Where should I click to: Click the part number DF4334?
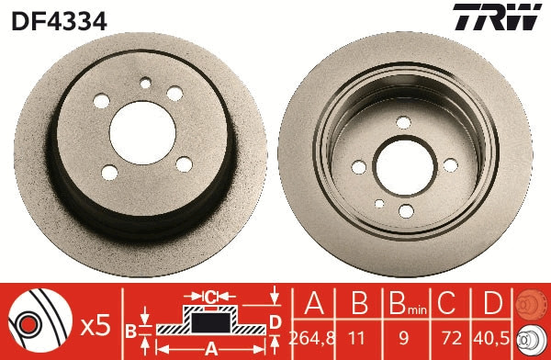point(59,19)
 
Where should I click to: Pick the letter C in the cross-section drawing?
point(209,298)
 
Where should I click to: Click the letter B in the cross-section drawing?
point(131,330)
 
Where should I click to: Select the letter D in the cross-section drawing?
point(275,321)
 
